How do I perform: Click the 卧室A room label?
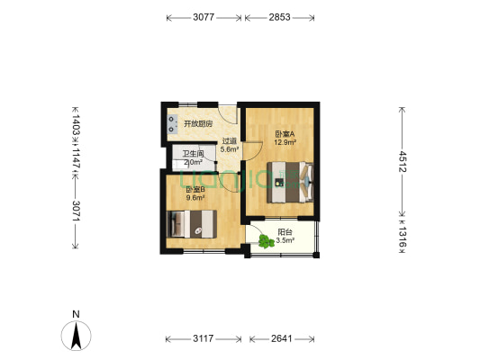point(285,134)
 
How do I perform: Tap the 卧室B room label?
point(195,189)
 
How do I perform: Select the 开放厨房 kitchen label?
point(198,123)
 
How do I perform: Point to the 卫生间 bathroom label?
point(193,154)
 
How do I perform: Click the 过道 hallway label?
point(230,141)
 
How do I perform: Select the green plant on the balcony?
point(267,240)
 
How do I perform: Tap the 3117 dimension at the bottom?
point(204,339)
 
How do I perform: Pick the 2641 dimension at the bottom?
point(285,339)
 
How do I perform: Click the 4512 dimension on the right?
point(403,161)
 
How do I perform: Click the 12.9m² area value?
point(285,142)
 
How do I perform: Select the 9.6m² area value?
point(195,198)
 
